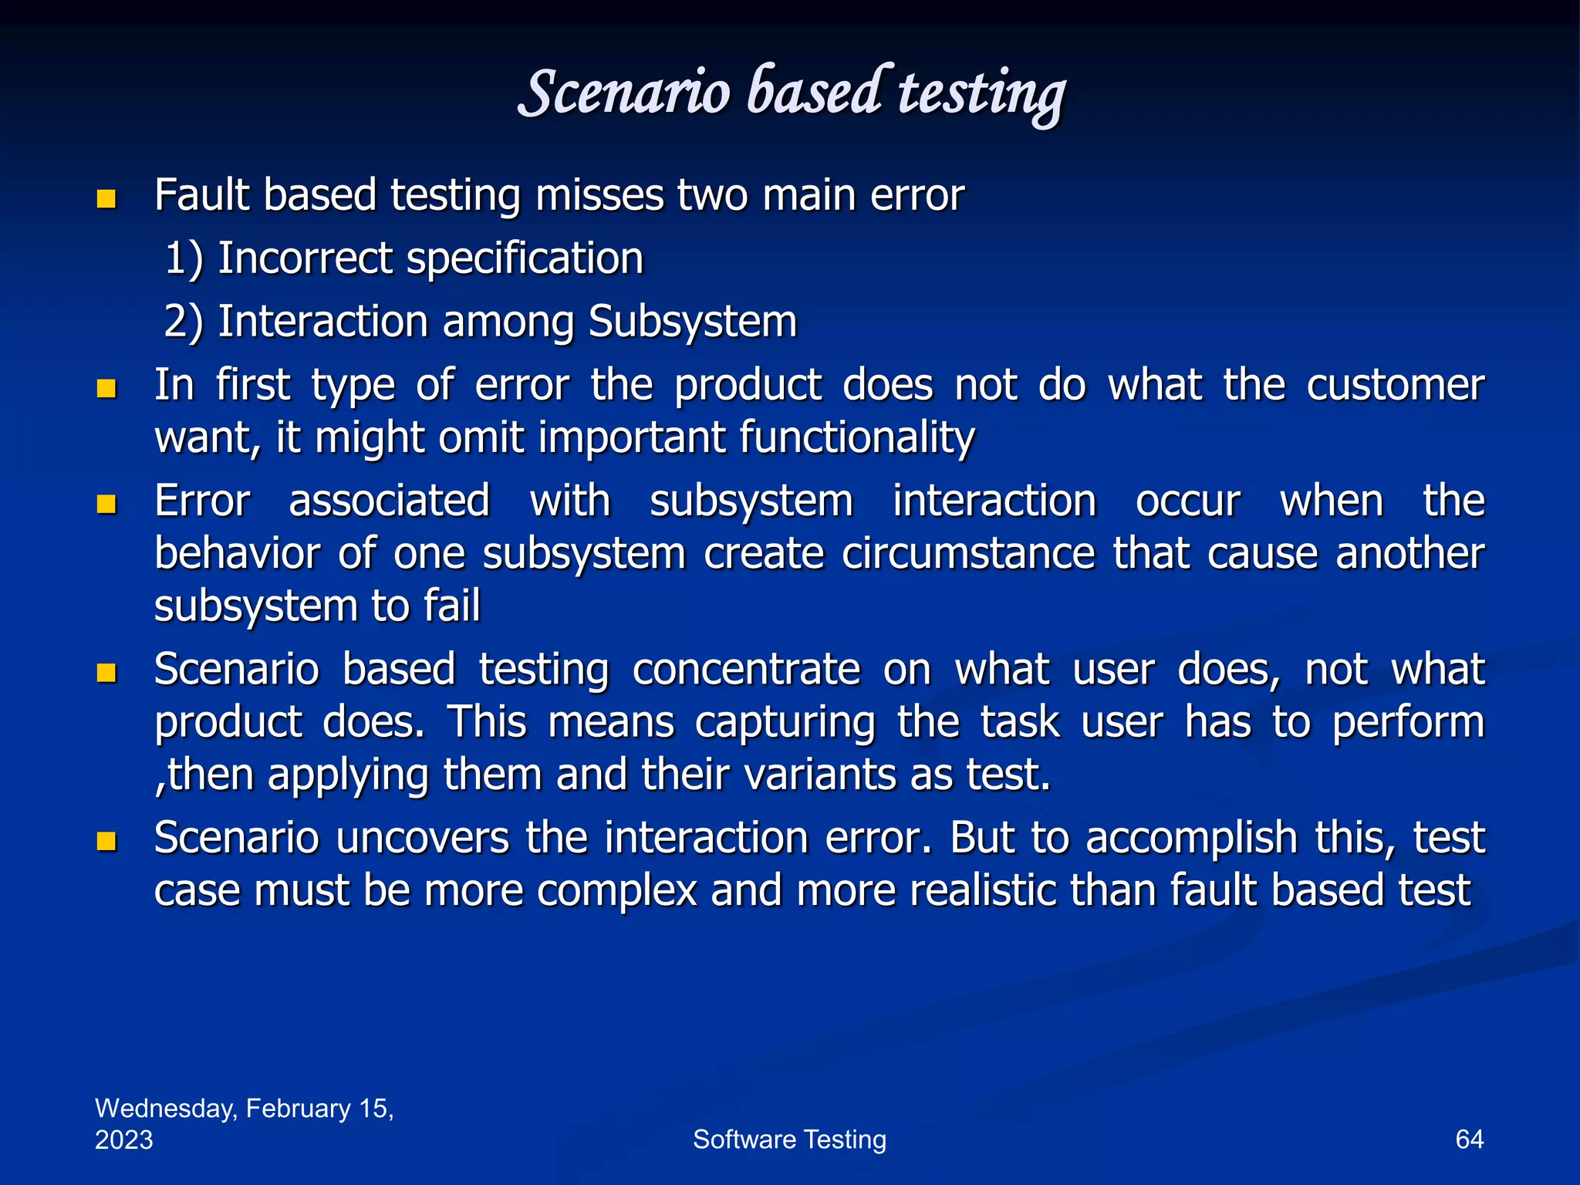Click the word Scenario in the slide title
coord(623,94)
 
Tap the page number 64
coord(1469,1139)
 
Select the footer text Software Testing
coord(789,1139)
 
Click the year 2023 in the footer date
coord(124,1140)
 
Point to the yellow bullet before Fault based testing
coord(106,200)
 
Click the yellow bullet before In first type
coord(106,388)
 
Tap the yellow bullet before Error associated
coord(106,505)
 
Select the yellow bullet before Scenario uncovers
coord(106,841)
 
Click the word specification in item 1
coord(525,259)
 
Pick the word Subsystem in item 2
coord(692,322)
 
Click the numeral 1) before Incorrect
coord(184,259)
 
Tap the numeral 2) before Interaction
coord(184,322)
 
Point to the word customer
coord(1395,386)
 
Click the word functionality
coord(856,438)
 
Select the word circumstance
coord(968,554)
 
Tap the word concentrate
coord(746,670)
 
